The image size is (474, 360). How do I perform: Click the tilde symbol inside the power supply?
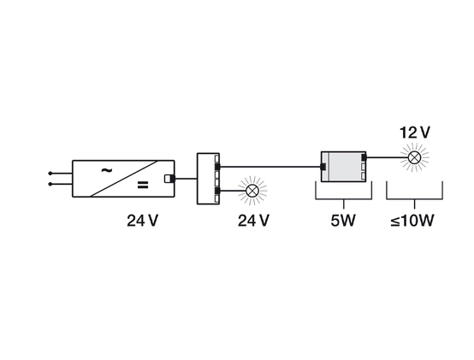coord(106,171)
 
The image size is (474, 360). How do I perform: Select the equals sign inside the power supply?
coord(143,185)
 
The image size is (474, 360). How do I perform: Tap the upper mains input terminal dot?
coord(50,174)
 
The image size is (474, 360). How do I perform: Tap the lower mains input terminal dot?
coord(50,184)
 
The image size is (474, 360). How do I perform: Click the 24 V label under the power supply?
coord(142,221)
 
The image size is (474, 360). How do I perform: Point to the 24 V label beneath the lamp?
coord(253,221)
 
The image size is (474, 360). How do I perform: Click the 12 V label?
coord(414,133)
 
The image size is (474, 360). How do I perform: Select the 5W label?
coord(343,221)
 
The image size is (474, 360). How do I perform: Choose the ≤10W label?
coord(412,221)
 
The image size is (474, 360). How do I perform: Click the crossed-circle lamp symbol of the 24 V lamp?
coord(252,191)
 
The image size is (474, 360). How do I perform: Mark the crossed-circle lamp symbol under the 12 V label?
coord(414,157)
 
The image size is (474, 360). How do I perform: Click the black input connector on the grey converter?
coord(323,167)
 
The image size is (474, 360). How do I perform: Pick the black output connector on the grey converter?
coord(364,157)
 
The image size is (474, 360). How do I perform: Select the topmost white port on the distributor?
coord(216,158)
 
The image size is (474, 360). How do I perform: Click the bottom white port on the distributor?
coord(216,198)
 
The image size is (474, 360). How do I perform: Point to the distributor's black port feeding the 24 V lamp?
coord(217,191)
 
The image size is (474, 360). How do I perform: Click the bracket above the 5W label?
coord(344,199)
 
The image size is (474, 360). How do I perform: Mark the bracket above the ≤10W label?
coord(414,199)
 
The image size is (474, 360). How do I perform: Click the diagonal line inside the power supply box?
coord(124,179)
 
